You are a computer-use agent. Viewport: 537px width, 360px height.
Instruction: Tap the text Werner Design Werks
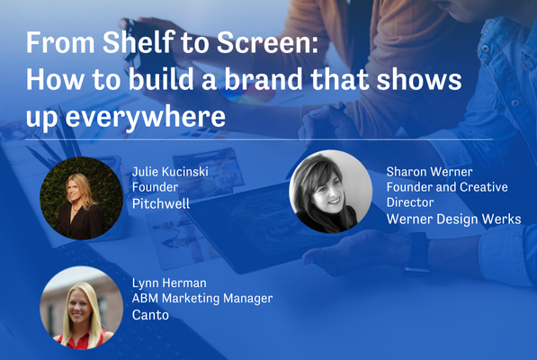pyautogui.click(x=453, y=219)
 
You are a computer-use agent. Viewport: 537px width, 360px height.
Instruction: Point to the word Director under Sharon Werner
pyautogui.click(x=410, y=202)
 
